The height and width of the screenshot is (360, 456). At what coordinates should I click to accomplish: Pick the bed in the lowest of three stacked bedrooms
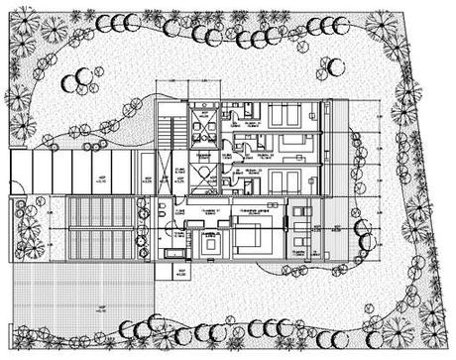coord(287,180)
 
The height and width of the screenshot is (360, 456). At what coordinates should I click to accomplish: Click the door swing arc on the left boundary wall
coord(16,191)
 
